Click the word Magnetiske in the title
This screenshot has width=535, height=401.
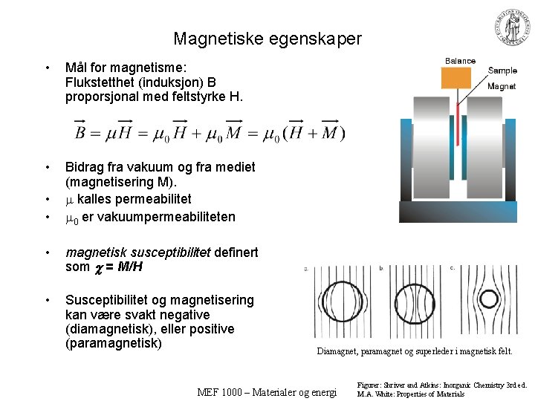click(210, 39)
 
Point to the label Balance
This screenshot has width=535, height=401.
click(460, 61)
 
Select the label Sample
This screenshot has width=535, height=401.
click(502, 71)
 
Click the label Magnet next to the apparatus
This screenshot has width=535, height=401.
click(502, 86)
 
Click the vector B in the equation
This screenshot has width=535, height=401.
click(82, 133)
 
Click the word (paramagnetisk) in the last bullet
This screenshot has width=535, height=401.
click(113, 343)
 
